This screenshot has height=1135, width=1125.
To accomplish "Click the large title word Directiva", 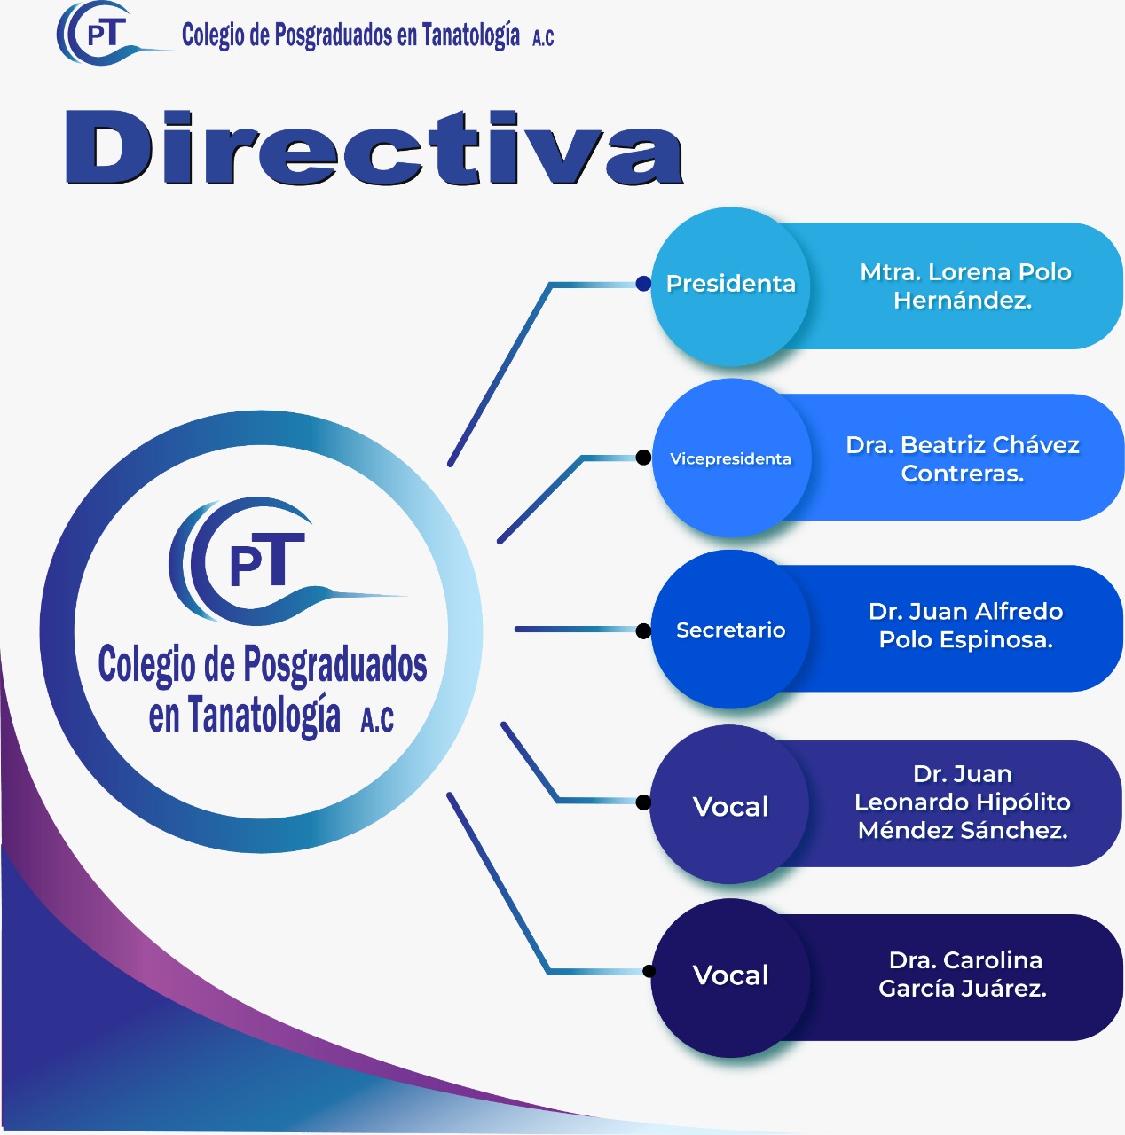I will pos(374,148).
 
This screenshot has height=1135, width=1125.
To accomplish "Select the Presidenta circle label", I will pos(730,284).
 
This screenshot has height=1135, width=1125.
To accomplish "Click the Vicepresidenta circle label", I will pos(730,458).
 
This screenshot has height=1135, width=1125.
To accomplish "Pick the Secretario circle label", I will pos(730,630).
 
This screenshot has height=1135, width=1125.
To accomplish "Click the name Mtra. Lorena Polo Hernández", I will pos(964,286).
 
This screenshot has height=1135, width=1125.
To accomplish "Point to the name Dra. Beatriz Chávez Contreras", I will pos(963,458).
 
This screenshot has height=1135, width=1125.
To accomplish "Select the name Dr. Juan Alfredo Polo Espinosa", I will pos(965,625).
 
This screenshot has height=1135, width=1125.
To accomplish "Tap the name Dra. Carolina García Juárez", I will pos(964,974).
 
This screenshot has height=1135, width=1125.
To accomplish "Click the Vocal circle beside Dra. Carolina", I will pos(730,975).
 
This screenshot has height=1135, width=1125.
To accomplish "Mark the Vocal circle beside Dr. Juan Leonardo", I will pos(730,807).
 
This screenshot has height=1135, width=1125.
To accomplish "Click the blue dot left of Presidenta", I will pos(643,284).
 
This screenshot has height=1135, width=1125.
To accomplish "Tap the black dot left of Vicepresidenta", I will pos(643,458).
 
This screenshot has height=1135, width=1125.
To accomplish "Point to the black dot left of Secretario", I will pos(643,630).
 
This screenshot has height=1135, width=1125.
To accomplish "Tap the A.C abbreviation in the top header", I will pos(543,37).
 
